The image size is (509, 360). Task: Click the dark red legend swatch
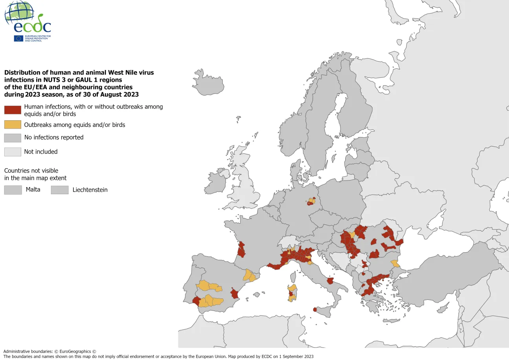click(x=13, y=110)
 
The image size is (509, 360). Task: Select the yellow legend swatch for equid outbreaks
click(x=13, y=125)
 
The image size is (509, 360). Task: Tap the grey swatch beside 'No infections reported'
click(x=13, y=138)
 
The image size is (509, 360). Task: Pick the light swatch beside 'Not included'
click(x=13, y=152)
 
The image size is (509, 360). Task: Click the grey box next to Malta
click(x=13, y=190)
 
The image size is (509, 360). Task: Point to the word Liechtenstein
click(x=90, y=190)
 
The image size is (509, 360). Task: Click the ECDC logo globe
click(x=19, y=13)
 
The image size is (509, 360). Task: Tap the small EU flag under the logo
click(x=18, y=38)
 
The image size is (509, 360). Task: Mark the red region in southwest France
click(x=241, y=250)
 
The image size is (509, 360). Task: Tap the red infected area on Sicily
click(x=315, y=309)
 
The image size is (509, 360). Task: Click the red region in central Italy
click(x=330, y=281)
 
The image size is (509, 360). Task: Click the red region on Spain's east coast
click(x=235, y=293)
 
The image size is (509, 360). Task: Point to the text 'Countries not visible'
click(x=31, y=171)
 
